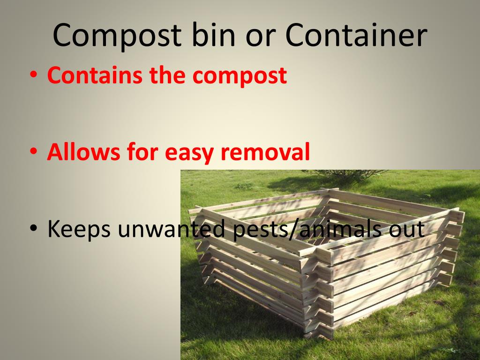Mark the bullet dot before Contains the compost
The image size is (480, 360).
click(34, 76)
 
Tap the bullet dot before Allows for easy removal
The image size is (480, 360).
click(34, 153)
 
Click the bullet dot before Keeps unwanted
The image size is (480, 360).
click(34, 230)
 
